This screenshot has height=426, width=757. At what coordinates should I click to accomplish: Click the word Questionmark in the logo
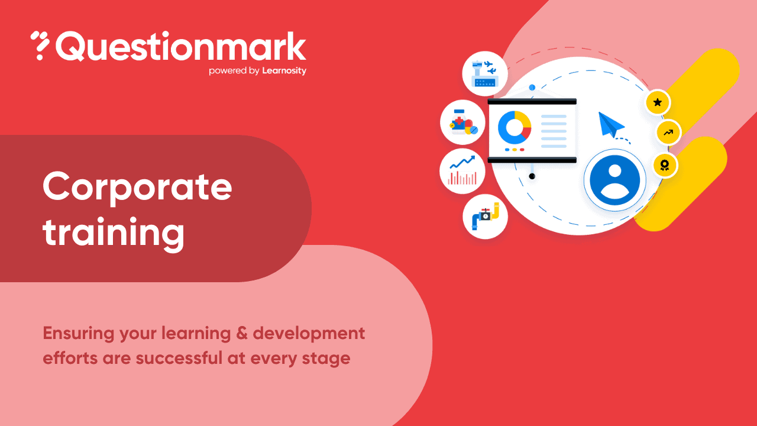click(181, 47)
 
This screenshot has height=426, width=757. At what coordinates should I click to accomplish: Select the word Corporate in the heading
click(137, 187)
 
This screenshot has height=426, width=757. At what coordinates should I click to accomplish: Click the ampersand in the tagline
click(240, 333)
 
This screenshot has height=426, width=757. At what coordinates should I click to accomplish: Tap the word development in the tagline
click(309, 334)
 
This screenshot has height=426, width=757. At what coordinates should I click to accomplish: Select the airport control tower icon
click(485, 74)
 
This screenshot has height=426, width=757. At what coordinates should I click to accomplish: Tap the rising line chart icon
click(462, 170)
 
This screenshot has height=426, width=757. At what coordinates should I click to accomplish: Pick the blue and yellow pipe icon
click(485, 216)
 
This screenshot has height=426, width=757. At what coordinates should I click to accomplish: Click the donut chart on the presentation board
click(515, 127)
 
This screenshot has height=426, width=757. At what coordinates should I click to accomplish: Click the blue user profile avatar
click(614, 180)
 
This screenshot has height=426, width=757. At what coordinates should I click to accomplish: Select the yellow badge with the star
click(657, 102)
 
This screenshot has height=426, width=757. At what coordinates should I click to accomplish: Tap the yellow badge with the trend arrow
click(668, 133)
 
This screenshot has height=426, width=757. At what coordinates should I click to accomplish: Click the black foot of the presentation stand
click(532, 176)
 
